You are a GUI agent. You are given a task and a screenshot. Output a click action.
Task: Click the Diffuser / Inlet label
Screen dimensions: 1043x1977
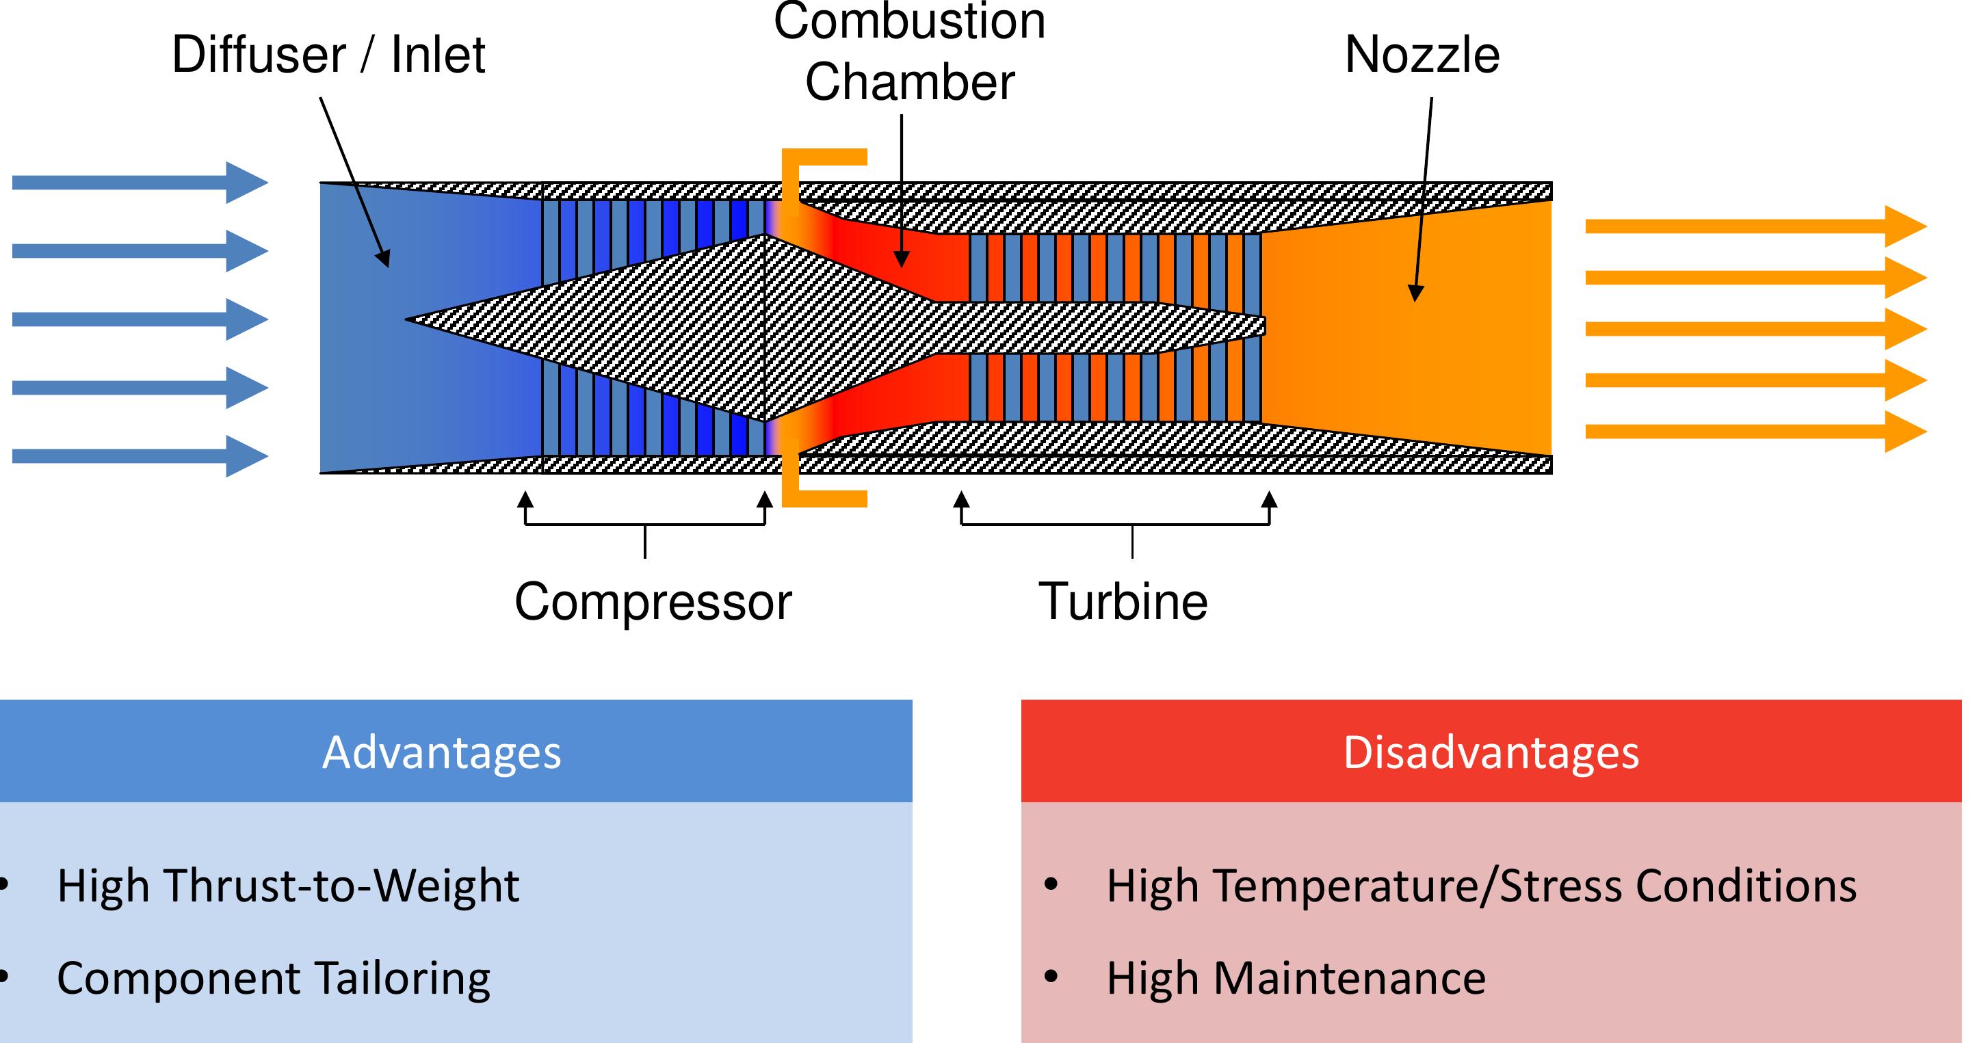click(328, 55)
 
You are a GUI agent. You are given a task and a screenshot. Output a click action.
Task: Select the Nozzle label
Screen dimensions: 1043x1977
click(1422, 55)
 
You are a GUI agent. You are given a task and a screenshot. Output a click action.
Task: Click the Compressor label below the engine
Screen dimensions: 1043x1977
click(653, 603)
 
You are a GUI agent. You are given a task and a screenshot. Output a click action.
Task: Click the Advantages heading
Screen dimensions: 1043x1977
click(441, 752)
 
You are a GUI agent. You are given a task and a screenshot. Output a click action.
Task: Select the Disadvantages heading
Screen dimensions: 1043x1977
click(1491, 752)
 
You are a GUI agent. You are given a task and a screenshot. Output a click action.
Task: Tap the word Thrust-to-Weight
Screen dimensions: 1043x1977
click(341, 886)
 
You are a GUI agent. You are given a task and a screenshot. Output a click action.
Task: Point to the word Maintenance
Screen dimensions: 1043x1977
click(1349, 979)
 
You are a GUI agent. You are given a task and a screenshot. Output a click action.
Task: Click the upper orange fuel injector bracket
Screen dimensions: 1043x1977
click(824, 158)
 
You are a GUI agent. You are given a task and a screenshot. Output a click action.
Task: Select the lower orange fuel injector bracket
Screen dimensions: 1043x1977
click(824, 499)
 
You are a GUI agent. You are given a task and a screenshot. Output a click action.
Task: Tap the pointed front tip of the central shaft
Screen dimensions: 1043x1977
click(408, 319)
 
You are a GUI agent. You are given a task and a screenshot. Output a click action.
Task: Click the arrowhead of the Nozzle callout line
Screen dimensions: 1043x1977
click(1415, 293)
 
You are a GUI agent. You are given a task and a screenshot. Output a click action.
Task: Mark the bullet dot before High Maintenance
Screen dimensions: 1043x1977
click(1051, 977)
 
